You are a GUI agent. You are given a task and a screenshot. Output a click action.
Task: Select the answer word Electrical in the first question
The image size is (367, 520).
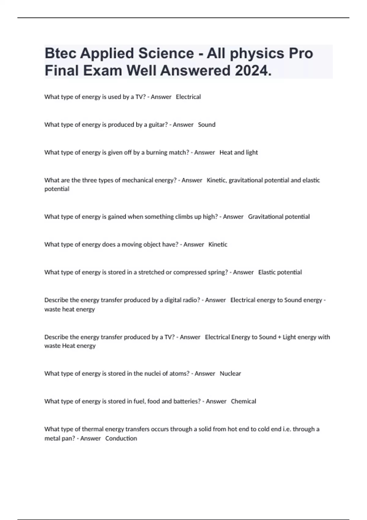188,97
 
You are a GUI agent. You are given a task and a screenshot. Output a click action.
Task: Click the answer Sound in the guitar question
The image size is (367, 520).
207,125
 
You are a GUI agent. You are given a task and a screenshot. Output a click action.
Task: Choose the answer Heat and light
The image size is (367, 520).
239,152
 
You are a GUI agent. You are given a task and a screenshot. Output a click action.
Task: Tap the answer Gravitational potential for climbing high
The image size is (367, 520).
279,217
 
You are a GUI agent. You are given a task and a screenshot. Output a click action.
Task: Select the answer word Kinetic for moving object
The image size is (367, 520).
218,244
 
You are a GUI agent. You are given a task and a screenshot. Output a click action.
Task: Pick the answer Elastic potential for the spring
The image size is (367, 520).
280,272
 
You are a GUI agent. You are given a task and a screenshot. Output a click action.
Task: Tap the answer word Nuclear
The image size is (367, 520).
230,373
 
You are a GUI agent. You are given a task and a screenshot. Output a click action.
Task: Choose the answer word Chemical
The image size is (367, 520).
243,401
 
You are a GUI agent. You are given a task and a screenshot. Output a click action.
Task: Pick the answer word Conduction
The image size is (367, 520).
121,438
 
